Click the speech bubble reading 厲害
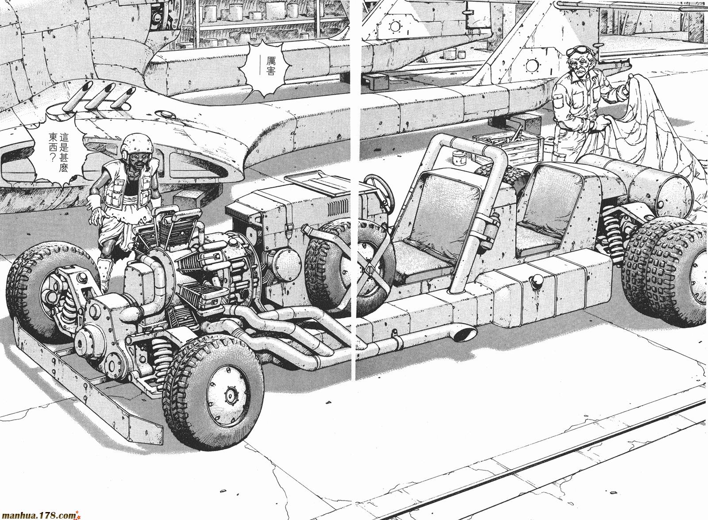(262, 67)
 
